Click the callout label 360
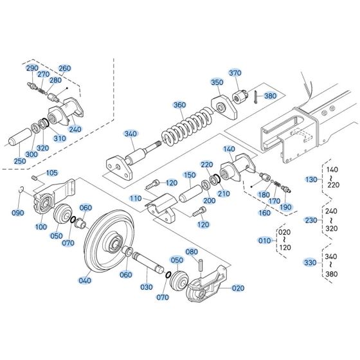(x=179, y=104)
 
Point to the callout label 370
(x=235, y=73)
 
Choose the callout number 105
(x=51, y=173)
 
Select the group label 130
(x=310, y=179)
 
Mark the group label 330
(x=310, y=262)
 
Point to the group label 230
(x=310, y=221)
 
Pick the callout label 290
(x=32, y=67)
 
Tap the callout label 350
(x=217, y=83)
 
